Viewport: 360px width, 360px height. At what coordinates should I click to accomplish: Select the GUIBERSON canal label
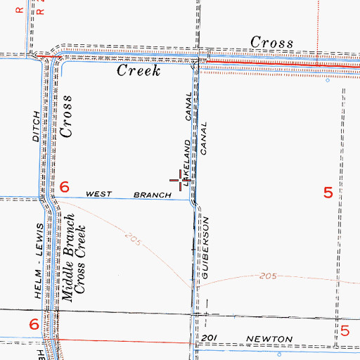206,250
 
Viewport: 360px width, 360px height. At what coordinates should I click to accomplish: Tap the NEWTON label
263,340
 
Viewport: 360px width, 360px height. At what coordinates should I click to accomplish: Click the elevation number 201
205,340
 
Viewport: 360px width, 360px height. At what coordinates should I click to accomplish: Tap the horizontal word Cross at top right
272,43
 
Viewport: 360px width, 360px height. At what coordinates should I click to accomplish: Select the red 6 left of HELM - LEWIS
33,324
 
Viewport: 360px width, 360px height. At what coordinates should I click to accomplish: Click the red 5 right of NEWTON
345,331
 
